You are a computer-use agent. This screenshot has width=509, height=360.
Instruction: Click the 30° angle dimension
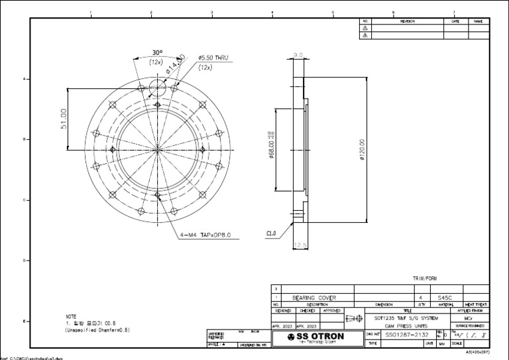coord(157,52)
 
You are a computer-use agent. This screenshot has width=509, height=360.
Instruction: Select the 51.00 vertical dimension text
coord(65,119)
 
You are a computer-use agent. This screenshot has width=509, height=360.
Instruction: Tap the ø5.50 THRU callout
coord(213,59)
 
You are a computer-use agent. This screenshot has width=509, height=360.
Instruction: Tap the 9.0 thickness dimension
coord(298,56)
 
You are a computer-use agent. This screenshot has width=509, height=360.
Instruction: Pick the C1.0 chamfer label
coord(271,233)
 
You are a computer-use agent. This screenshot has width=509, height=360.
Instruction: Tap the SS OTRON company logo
coord(313,337)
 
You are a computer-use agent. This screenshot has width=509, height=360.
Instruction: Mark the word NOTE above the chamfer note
coord(71,316)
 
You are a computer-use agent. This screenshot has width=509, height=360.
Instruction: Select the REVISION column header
coord(407,21)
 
